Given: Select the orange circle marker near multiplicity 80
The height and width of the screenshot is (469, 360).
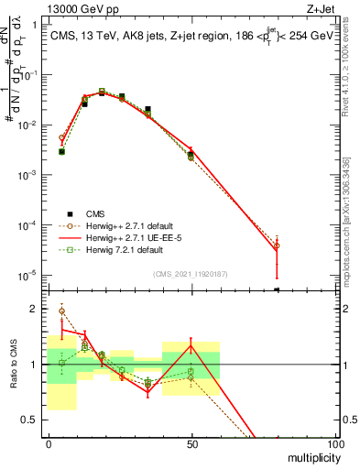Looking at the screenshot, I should (x=277, y=245).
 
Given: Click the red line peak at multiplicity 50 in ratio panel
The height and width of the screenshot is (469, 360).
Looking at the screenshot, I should (x=191, y=344).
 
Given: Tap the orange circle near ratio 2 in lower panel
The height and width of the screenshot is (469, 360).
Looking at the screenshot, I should (x=61, y=311).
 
